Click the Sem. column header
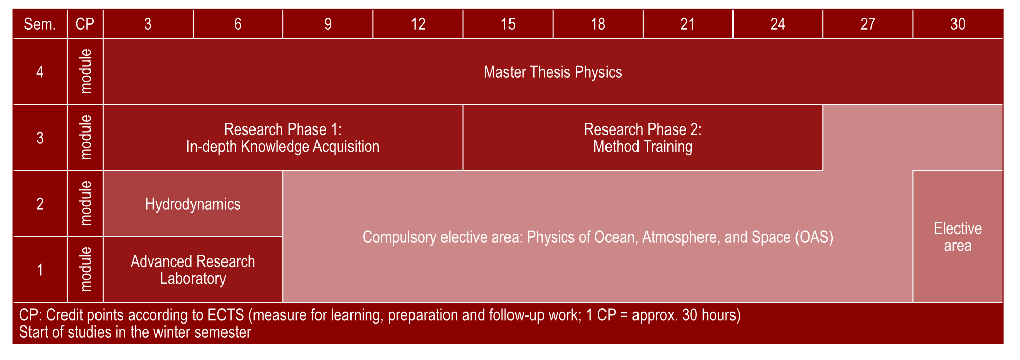tap(40, 24)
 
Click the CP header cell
tap(85, 24)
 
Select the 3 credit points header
tap(148, 24)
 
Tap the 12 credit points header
tap(418, 24)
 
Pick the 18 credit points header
tap(598, 24)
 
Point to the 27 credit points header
tap(868, 24)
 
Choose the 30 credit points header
tap(958, 24)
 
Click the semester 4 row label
tap(40, 72)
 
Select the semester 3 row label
tap(40, 138)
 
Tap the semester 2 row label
tap(40, 204)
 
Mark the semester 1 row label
tap(40, 270)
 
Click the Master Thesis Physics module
tap(553, 72)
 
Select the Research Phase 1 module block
tap(283, 138)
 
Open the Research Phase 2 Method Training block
tap(643, 138)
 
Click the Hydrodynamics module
tap(193, 204)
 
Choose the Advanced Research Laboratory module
tap(193, 270)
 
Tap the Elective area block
tap(958, 237)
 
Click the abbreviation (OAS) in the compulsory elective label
tap(814, 237)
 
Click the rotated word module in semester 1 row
tap(86, 270)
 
